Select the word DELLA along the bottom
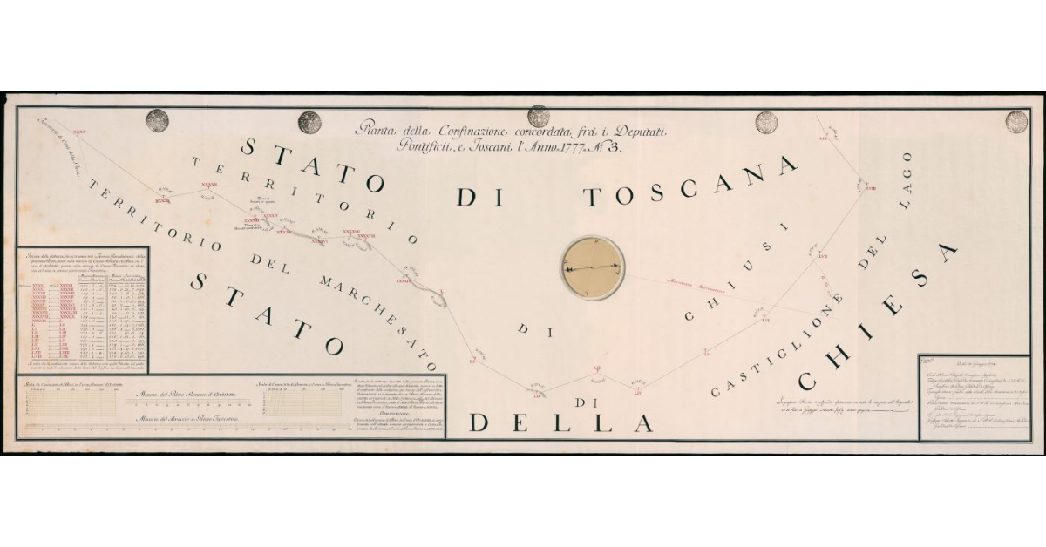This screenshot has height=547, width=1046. [561, 422]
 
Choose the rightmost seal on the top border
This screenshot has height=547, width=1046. [1016, 121]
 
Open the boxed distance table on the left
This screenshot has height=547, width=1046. [84, 310]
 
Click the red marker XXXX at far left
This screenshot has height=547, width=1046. [79, 132]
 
